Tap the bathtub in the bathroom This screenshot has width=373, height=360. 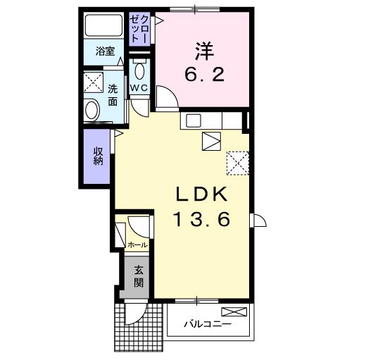103,26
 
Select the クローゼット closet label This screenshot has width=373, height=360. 139,30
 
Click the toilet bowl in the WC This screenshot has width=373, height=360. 139,71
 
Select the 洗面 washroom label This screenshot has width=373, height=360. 113,94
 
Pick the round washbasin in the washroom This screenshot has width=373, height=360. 92,110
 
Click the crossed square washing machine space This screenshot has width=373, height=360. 92,82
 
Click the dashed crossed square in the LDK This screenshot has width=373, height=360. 238,163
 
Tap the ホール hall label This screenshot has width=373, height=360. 137,244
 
